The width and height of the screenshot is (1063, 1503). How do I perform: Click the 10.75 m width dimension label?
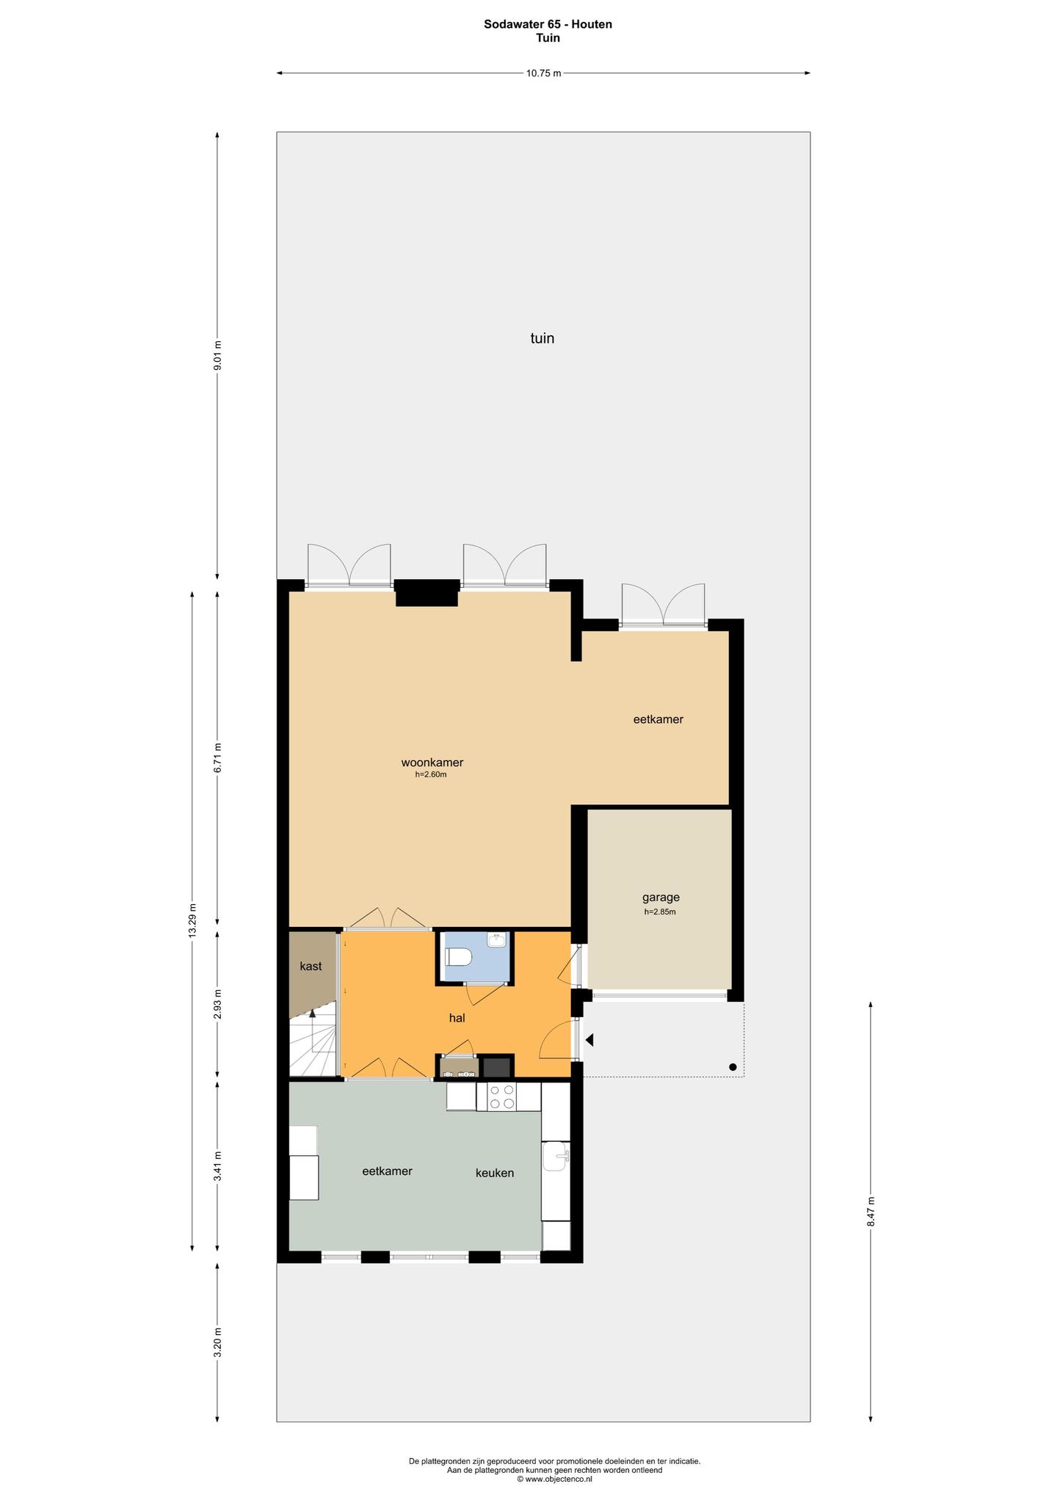[x=543, y=73]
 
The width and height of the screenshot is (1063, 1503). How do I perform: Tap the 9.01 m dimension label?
[x=217, y=356]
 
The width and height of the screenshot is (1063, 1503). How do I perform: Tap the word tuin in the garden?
[x=543, y=338]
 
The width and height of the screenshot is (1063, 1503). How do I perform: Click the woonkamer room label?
[x=432, y=763]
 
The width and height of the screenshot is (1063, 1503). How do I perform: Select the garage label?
[x=661, y=897]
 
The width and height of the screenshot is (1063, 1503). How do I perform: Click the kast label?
[x=311, y=967]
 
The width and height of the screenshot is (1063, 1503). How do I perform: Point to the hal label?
[x=457, y=1018]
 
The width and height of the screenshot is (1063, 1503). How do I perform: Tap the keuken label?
[x=495, y=1173]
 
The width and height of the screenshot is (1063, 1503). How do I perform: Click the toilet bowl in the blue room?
[x=459, y=957]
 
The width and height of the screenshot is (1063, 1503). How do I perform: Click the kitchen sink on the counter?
[x=556, y=1157]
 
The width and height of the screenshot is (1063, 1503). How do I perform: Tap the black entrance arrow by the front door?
[x=589, y=1040]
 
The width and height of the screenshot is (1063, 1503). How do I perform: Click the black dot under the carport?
[x=733, y=1067]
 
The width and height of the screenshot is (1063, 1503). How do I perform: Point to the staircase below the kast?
[x=313, y=1041]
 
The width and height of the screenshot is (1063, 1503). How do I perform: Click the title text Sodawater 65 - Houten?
[x=548, y=24]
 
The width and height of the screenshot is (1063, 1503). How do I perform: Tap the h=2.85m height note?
[x=660, y=912]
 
